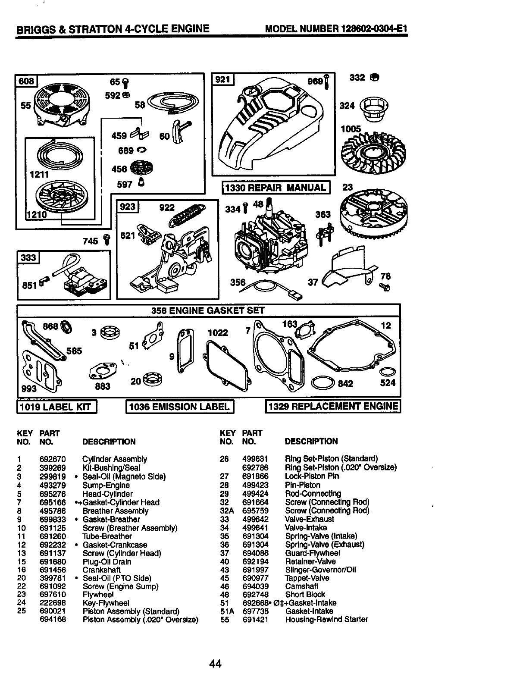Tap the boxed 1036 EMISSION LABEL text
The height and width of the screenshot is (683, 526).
(x=179, y=407)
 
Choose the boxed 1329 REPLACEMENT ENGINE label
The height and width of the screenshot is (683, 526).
(x=332, y=406)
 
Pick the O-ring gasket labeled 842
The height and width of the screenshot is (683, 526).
(x=322, y=382)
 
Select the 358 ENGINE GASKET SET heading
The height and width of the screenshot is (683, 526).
(x=208, y=310)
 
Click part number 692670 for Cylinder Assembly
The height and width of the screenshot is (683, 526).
(x=53, y=459)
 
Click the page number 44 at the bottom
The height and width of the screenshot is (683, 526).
(x=215, y=664)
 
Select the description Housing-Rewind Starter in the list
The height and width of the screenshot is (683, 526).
(x=326, y=620)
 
